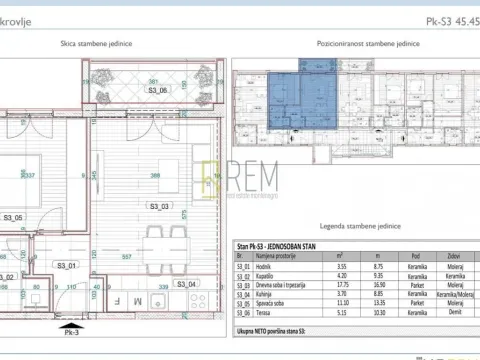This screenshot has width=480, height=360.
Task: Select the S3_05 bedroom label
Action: point(13,216)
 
